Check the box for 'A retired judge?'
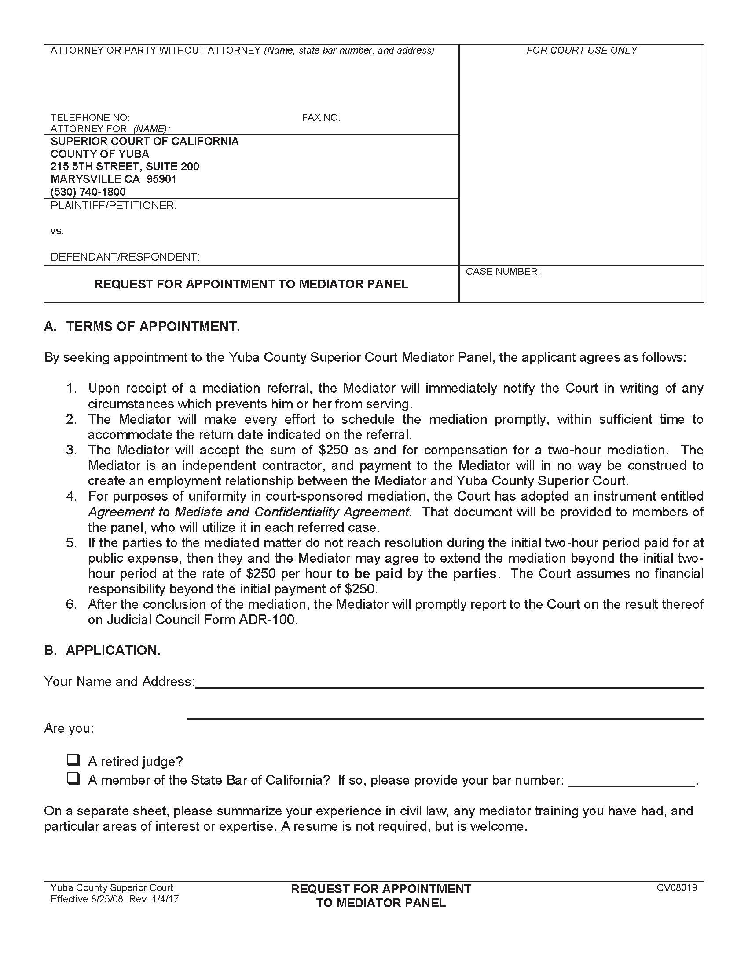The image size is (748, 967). click(73, 760)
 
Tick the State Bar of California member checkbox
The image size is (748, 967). click(73, 778)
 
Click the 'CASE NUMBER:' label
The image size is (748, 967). click(502, 271)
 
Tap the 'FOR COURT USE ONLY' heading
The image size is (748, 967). click(581, 51)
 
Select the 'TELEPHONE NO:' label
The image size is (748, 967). click(90, 117)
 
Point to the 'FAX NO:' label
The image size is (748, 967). click(321, 117)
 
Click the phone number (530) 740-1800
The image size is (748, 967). click(88, 192)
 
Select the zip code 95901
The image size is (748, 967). click(161, 179)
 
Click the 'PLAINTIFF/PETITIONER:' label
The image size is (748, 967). click(114, 205)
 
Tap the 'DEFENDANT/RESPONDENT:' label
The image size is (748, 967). click(125, 257)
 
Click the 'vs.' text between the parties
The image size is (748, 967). click(57, 231)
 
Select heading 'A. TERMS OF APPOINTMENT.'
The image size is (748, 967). click(142, 326)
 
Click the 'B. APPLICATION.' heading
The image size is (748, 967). click(102, 650)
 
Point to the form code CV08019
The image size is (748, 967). click(677, 887)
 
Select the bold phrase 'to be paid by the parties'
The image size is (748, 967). click(416, 573)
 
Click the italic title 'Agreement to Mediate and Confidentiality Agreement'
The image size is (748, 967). click(248, 512)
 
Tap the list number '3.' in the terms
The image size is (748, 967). click(71, 450)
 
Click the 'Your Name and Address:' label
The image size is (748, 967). click(119, 681)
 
